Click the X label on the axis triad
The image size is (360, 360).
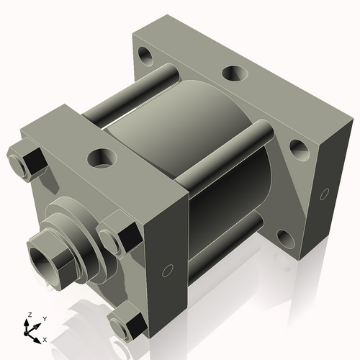point(45,338)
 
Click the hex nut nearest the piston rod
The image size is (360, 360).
point(117,235)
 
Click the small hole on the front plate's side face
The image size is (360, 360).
point(168,270)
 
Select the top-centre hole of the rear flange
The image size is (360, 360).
point(233,73)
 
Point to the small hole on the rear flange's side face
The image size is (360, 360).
point(324,193)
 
